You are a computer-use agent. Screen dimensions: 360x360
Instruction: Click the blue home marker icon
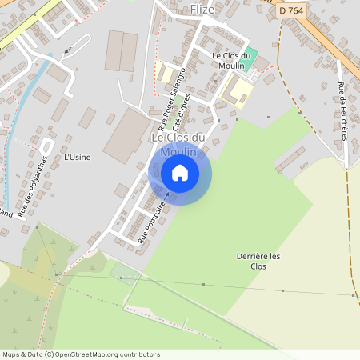tap(180, 172)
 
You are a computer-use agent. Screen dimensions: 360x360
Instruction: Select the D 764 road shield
tap(292, 11)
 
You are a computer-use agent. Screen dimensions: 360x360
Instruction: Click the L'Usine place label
tap(77, 157)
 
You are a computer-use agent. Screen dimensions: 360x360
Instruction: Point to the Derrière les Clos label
tap(258, 261)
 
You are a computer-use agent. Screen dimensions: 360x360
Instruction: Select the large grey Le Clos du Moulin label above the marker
tap(178, 144)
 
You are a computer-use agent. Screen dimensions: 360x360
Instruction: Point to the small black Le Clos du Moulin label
tap(231, 59)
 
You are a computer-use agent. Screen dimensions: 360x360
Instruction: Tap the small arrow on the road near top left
tap(66, 50)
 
